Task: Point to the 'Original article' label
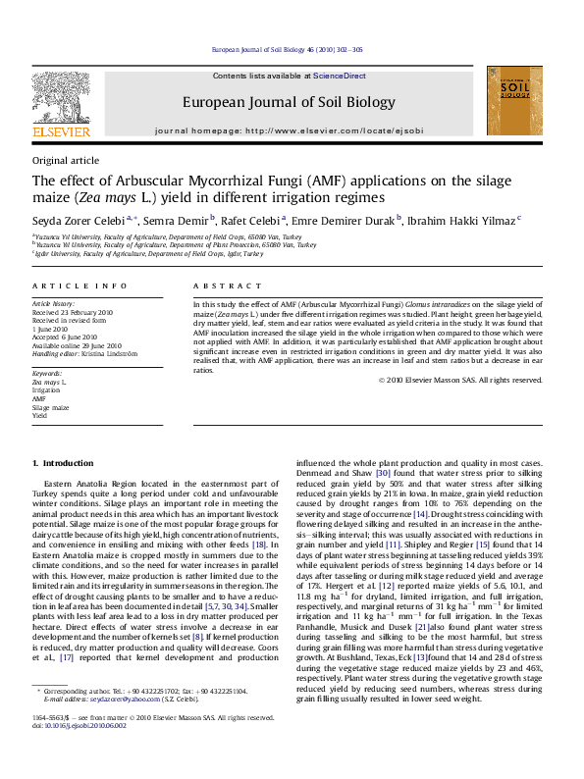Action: (66, 160)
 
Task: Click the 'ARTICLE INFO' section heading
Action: (80, 286)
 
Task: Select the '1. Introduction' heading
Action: (63, 462)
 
